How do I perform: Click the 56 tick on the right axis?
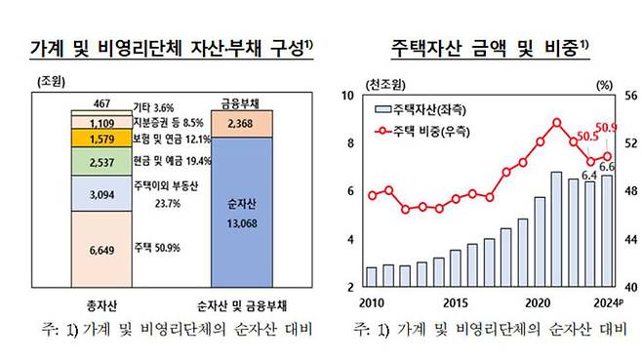tap(630, 96)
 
